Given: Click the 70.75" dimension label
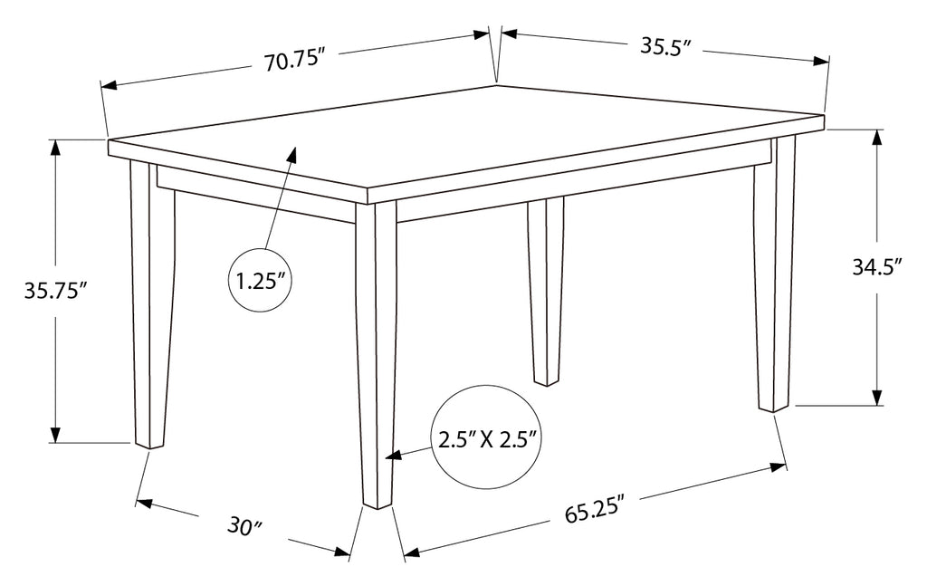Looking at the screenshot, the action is [295, 61].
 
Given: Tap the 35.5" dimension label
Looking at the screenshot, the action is [665, 45].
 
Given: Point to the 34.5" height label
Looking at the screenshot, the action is [876, 266].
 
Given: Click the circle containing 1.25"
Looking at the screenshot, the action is [260, 281].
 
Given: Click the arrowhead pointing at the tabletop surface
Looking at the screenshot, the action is [291, 155].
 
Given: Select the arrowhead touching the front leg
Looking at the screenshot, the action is [394, 456].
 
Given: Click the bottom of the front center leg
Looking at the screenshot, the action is [377, 505].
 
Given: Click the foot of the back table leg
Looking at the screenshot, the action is [546, 382].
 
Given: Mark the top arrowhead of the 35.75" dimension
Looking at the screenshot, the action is [55, 148].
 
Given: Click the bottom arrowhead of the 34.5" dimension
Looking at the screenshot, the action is [876, 397].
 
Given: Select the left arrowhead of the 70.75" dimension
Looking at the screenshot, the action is [110, 85].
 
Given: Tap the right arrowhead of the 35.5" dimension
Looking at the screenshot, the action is [821, 61].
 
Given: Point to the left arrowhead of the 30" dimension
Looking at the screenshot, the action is [144, 504].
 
